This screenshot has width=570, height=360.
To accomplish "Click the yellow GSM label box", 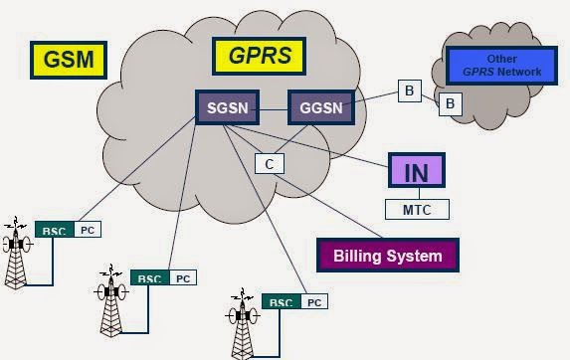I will click(70, 59).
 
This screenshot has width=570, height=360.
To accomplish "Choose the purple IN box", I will click(416, 171).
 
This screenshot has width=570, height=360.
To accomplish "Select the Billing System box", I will click(387, 256).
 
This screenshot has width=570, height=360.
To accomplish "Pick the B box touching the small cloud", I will click(449, 102).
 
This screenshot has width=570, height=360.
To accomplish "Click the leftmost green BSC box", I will click(53, 230).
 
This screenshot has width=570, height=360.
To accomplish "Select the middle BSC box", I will click(148, 277).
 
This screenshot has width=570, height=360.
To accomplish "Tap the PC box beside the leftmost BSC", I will click(87, 230).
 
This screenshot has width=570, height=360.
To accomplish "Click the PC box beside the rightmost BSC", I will click(313, 301).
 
